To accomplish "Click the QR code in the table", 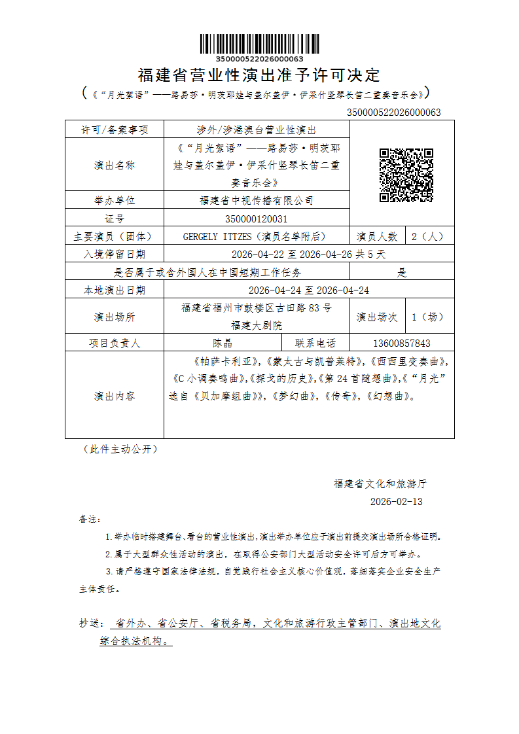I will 406,175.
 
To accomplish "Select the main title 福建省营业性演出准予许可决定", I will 259,75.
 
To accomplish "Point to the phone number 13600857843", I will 401,343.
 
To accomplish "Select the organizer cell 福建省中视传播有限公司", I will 256,200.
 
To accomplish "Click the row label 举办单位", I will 115,200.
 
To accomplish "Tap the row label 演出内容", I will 115,396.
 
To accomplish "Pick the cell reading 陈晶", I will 223,343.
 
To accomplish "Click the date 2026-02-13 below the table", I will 397,502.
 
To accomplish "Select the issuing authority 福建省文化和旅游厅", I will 380,484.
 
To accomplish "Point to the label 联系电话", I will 315,343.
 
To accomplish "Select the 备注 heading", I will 90,519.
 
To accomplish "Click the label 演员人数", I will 377,236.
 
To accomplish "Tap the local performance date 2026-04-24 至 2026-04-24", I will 308,290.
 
